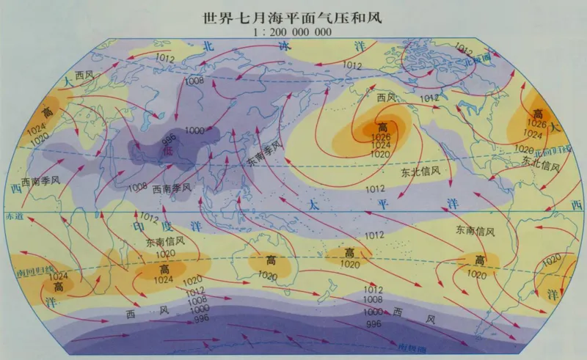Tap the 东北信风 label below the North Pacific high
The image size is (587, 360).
pos(420,172)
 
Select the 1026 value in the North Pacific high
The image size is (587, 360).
pos(379,137)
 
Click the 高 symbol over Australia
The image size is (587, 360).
pos(271,261)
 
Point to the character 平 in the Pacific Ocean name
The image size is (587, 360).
pos(381,205)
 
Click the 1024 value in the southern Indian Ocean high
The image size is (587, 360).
pos(163,279)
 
